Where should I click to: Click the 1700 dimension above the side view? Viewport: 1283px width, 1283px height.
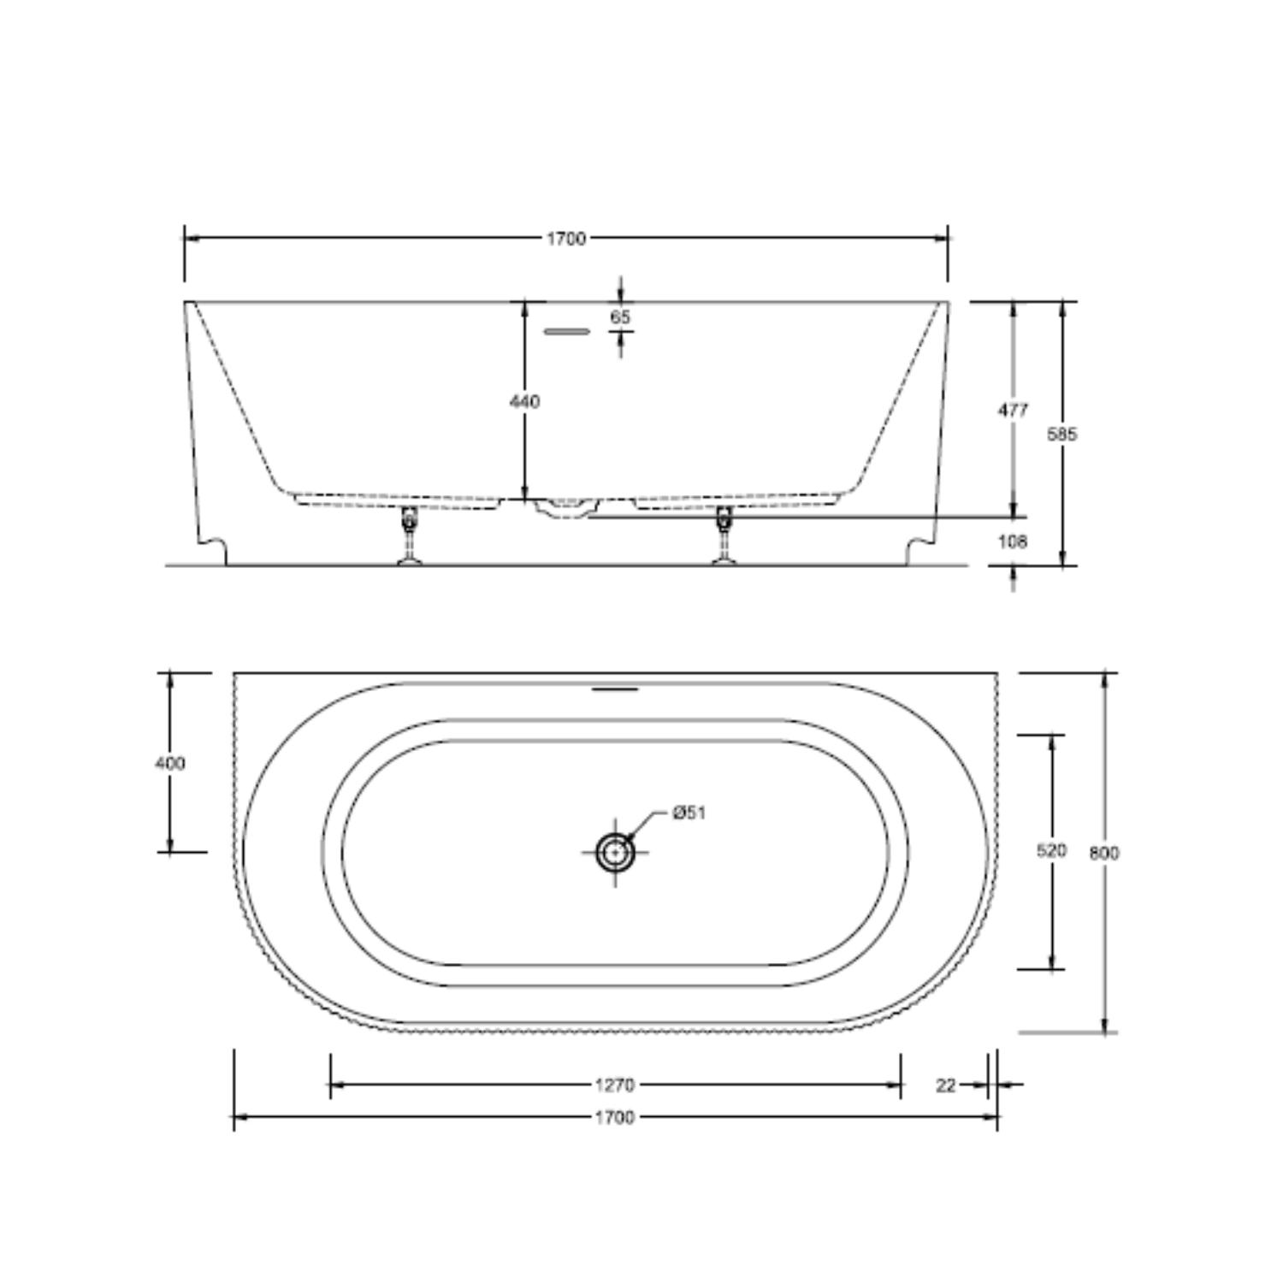click(566, 239)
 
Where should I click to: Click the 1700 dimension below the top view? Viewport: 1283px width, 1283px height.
click(614, 1117)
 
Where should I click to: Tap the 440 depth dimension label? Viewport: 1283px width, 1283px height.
click(524, 401)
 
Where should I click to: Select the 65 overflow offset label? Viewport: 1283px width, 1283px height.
click(621, 316)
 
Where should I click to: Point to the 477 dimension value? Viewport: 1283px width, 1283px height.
click(1013, 411)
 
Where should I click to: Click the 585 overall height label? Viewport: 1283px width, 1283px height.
click(1062, 435)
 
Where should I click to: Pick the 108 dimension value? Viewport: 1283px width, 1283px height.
click(1012, 541)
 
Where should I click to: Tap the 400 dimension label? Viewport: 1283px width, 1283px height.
click(169, 763)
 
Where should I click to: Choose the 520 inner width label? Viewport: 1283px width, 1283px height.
click(1051, 851)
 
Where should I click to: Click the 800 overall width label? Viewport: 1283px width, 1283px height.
click(1104, 853)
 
